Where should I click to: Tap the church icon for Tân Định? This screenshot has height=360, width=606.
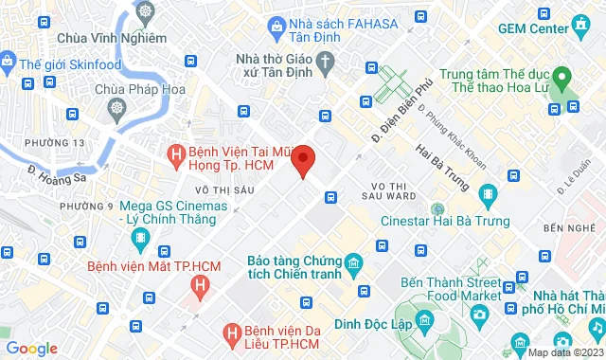coord(327,65)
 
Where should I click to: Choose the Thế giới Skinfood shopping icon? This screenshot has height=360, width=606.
coord(7,63)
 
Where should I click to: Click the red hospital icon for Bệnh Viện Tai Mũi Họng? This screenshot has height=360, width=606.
coord(174,152)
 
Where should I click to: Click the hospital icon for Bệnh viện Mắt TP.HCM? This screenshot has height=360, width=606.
coord(201,284)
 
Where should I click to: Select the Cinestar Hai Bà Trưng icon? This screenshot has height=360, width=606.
coord(437,209)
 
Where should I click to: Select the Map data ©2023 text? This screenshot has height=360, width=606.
coord(564,352)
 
